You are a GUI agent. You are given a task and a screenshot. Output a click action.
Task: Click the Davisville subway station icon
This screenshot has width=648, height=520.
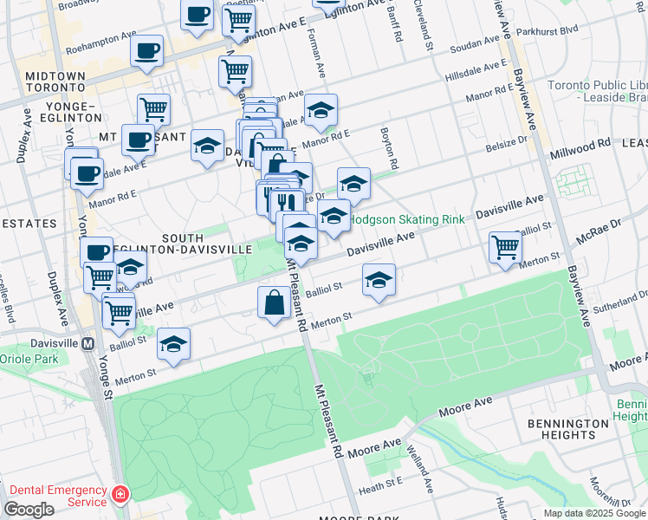click(87, 343)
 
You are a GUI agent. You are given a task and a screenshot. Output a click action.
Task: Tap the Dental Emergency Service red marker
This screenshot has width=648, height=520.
click(119, 497)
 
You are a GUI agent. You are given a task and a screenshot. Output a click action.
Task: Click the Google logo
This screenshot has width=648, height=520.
click(29, 509)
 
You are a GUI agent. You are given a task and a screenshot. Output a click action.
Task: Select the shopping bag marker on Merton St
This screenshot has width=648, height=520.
click(274, 303)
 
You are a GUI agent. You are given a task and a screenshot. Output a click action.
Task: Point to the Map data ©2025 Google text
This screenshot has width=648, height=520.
click(593, 513)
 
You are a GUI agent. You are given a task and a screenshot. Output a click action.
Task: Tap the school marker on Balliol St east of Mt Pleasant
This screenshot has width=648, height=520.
click(379, 280)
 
